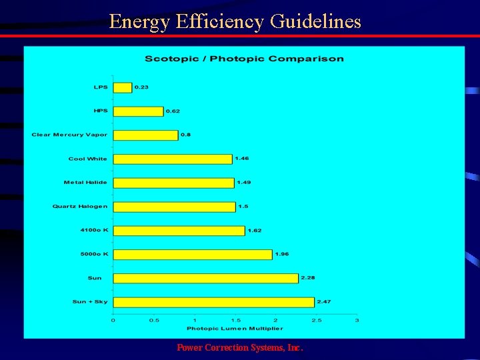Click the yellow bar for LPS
[x=123, y=87]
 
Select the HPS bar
[x=138, y=111]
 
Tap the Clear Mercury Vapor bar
[x=145, y=135]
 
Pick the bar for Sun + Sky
[x=213, y=302]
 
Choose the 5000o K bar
[x=193, y=255]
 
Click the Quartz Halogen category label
[x=80, y=207]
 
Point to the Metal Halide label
[x=85, y=183]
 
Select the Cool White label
[x=87, y=159]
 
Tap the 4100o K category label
[x=94, y=231]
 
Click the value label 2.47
[x=324, y=302]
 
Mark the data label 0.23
[x=141, y=87]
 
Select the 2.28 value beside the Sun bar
[x=308, y=277]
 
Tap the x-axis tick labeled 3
[x=357, y=321]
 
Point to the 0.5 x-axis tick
[x=153, y=321]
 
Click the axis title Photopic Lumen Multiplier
[x=235, y=328]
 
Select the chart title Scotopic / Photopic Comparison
[x=244, y=59]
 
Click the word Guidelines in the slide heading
[x=315, y=21]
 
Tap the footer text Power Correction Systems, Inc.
[x=240, y=348]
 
